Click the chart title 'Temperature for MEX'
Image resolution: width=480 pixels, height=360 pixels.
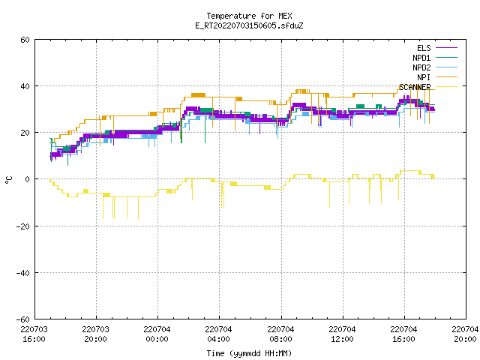click(249, 16)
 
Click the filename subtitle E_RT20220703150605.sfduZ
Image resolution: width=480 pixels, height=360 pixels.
click(249, 25)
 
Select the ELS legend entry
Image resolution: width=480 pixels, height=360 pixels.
click(424, 48)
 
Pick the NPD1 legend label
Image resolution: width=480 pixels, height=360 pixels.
click(421, 58)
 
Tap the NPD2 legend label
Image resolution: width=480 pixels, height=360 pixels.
click(421, 67)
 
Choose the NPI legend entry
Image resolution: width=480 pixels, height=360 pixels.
click(424, 77)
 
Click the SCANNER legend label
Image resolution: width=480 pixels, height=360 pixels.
click(415, 87)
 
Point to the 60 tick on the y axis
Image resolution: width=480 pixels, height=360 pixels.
click(25, 40)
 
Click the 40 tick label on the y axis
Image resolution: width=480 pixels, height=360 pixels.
click(25, 86)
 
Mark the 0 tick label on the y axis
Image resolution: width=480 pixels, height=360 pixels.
click(28, 179)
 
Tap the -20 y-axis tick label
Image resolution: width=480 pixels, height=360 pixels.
click(23, 226)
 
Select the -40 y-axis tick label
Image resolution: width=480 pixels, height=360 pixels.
click(23, 273)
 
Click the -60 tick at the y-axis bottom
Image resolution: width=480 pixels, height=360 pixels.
click(23, 319)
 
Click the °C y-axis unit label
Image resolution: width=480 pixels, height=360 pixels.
click(8, 180)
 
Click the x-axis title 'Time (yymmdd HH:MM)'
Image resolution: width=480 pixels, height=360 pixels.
click(249, 353)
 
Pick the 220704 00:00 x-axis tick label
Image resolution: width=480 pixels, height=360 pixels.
click(157, 334)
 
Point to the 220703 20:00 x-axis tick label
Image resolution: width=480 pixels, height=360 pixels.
click(95, 334)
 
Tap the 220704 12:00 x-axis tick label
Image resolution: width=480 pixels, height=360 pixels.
click(342, 334)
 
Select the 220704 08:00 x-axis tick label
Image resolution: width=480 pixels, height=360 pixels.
click(280, 334)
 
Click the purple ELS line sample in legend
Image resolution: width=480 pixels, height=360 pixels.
click(446, 48)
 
